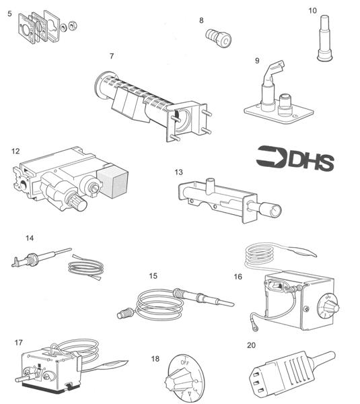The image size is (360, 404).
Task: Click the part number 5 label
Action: pos(9,13)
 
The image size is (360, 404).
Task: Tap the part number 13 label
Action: pos(179,172)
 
